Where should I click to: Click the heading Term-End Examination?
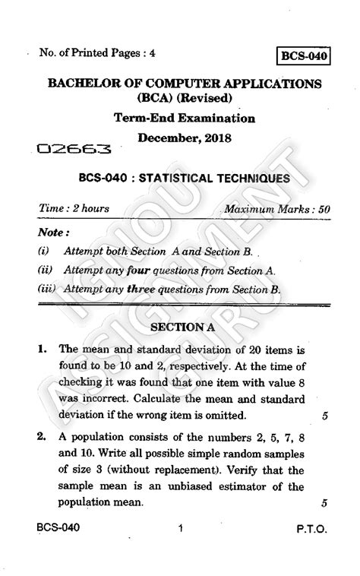pos(184,119)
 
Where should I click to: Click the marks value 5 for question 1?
pos(324,416)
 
